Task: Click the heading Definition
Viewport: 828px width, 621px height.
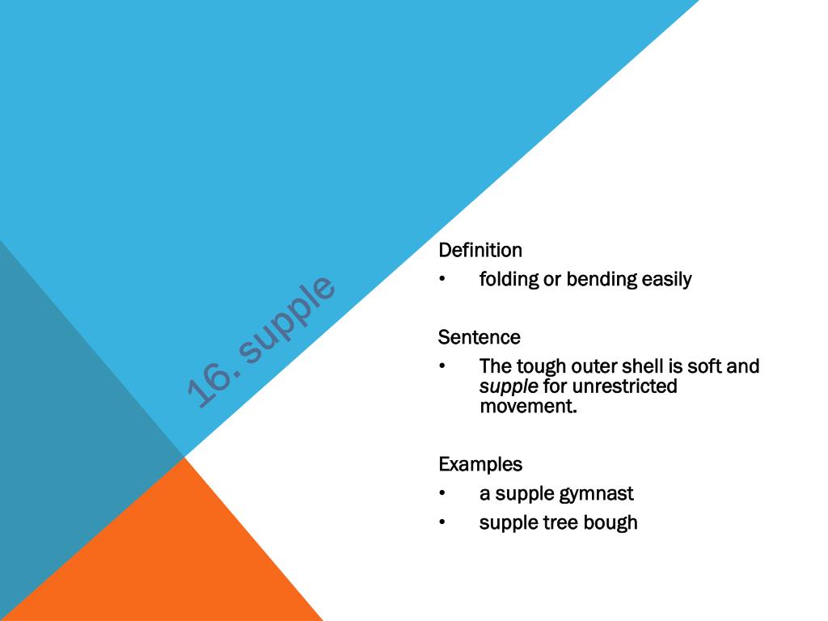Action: click(x=480, y=251)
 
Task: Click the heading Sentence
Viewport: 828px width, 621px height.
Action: click(x=479, y=337)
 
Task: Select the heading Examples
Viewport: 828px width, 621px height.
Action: click(x=480, y=465)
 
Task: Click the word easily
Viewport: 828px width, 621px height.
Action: click(x=667, y=280)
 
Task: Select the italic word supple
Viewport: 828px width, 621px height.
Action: click(x=509, y=387)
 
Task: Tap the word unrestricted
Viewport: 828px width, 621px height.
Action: click(x=625, y=387)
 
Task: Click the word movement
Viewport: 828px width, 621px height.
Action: click(x=529, y=406)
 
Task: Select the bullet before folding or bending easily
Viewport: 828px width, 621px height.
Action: click(x=442, y=280)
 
